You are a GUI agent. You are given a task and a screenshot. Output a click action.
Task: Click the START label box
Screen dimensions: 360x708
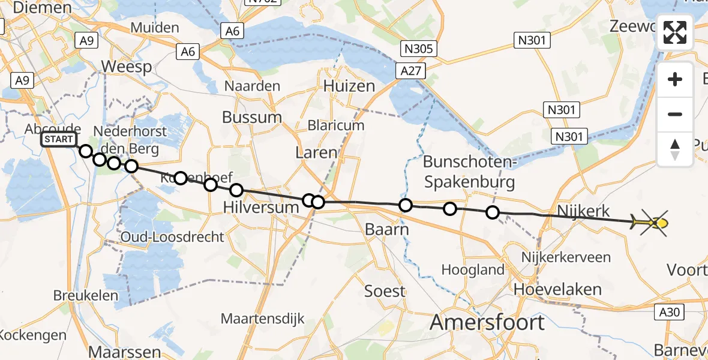59,140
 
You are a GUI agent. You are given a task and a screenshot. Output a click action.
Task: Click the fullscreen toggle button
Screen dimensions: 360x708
675,32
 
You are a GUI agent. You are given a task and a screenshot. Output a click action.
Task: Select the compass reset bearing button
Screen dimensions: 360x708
675,149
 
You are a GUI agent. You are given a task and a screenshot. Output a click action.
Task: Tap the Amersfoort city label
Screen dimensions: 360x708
487,322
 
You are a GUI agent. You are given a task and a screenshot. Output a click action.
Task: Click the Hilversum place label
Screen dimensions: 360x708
260,208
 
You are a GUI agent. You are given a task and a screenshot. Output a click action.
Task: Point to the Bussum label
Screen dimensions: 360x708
252,117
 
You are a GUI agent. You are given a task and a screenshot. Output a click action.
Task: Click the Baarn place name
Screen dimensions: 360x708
387,230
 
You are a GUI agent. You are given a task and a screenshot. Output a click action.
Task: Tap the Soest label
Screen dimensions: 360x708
385,292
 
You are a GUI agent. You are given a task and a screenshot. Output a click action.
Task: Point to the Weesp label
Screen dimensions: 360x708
127,67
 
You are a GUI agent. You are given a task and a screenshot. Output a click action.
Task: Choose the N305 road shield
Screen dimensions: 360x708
420,49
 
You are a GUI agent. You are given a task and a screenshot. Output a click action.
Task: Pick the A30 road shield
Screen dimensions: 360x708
674,312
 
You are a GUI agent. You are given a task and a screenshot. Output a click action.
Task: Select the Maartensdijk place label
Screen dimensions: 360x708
263,319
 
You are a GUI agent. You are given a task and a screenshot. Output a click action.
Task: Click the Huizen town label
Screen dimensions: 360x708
349,86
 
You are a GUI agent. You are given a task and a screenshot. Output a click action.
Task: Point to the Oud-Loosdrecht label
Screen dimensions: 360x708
172,237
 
